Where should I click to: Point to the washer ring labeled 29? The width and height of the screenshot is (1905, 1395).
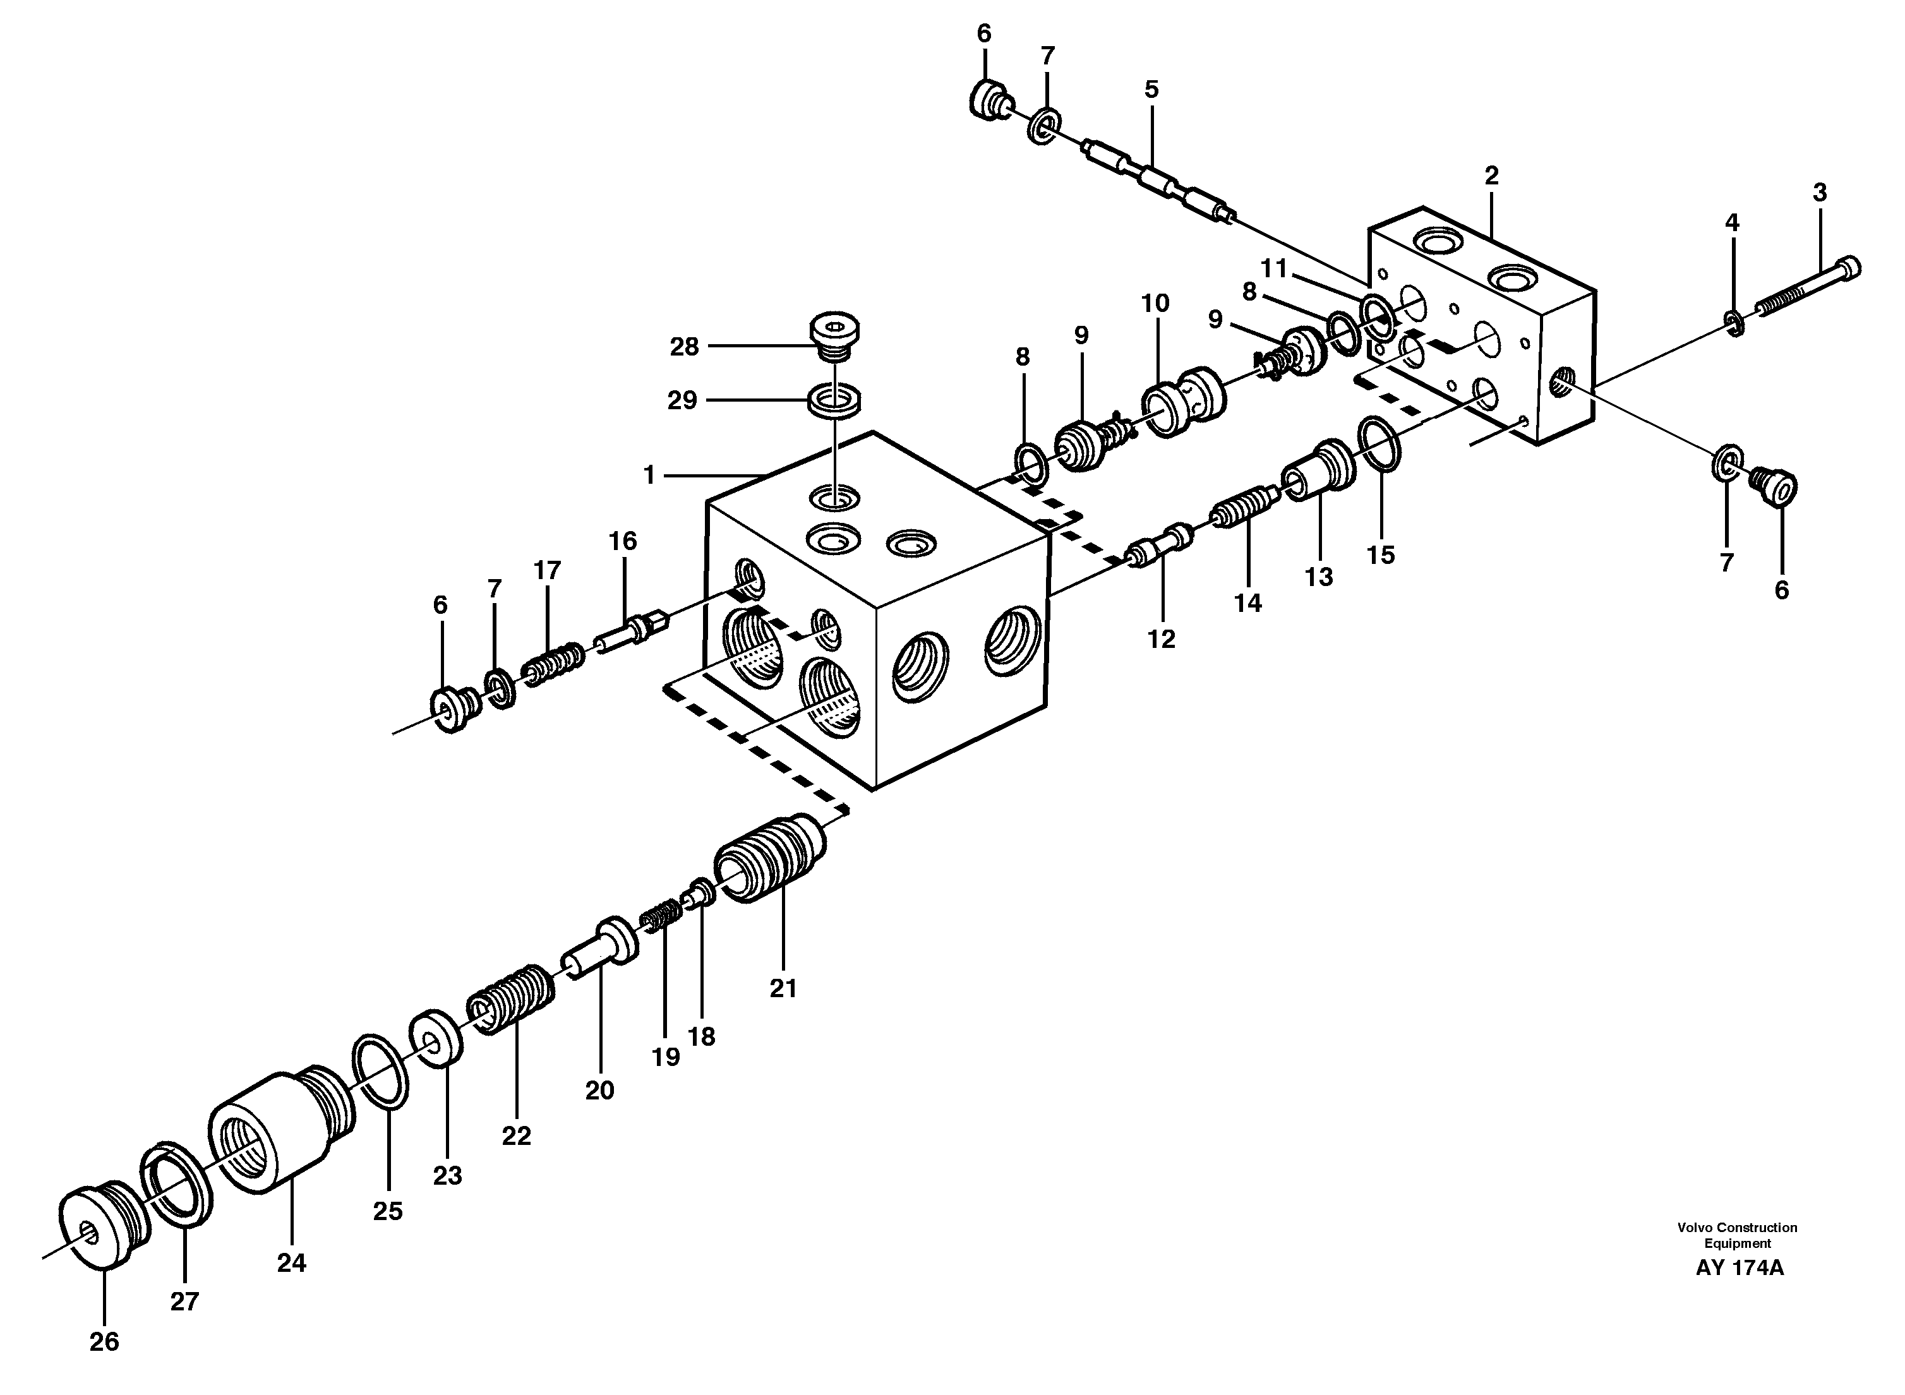coord(835,398)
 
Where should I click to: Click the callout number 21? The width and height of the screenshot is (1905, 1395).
coord(783,988)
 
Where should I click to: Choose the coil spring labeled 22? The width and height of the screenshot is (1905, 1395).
coord(512,1001)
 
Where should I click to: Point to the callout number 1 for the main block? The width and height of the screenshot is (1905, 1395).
coord(649,476)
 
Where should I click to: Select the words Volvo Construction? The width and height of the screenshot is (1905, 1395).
coord(1737,1250)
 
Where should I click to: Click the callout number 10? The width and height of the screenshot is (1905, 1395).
coord(1155,303)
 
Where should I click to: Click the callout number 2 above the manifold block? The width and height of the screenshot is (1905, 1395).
coord(1491,176)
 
